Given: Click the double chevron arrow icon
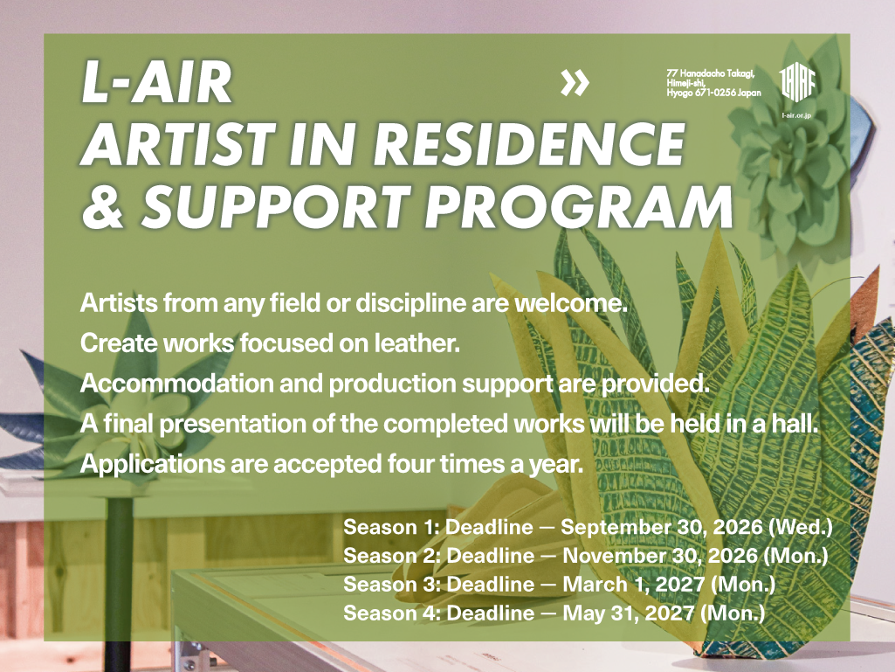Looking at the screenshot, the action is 575,83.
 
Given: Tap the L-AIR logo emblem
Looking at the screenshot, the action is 797,83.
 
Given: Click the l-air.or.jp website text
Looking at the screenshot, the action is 796,115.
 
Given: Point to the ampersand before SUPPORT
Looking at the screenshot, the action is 103,206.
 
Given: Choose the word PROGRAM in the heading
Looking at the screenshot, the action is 579,206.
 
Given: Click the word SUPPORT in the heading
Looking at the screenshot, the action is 276,206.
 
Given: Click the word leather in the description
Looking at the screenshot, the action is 417,343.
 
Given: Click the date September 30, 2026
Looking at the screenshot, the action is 662,528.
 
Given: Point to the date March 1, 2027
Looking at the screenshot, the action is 634,584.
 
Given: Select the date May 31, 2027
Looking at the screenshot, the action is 629,613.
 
